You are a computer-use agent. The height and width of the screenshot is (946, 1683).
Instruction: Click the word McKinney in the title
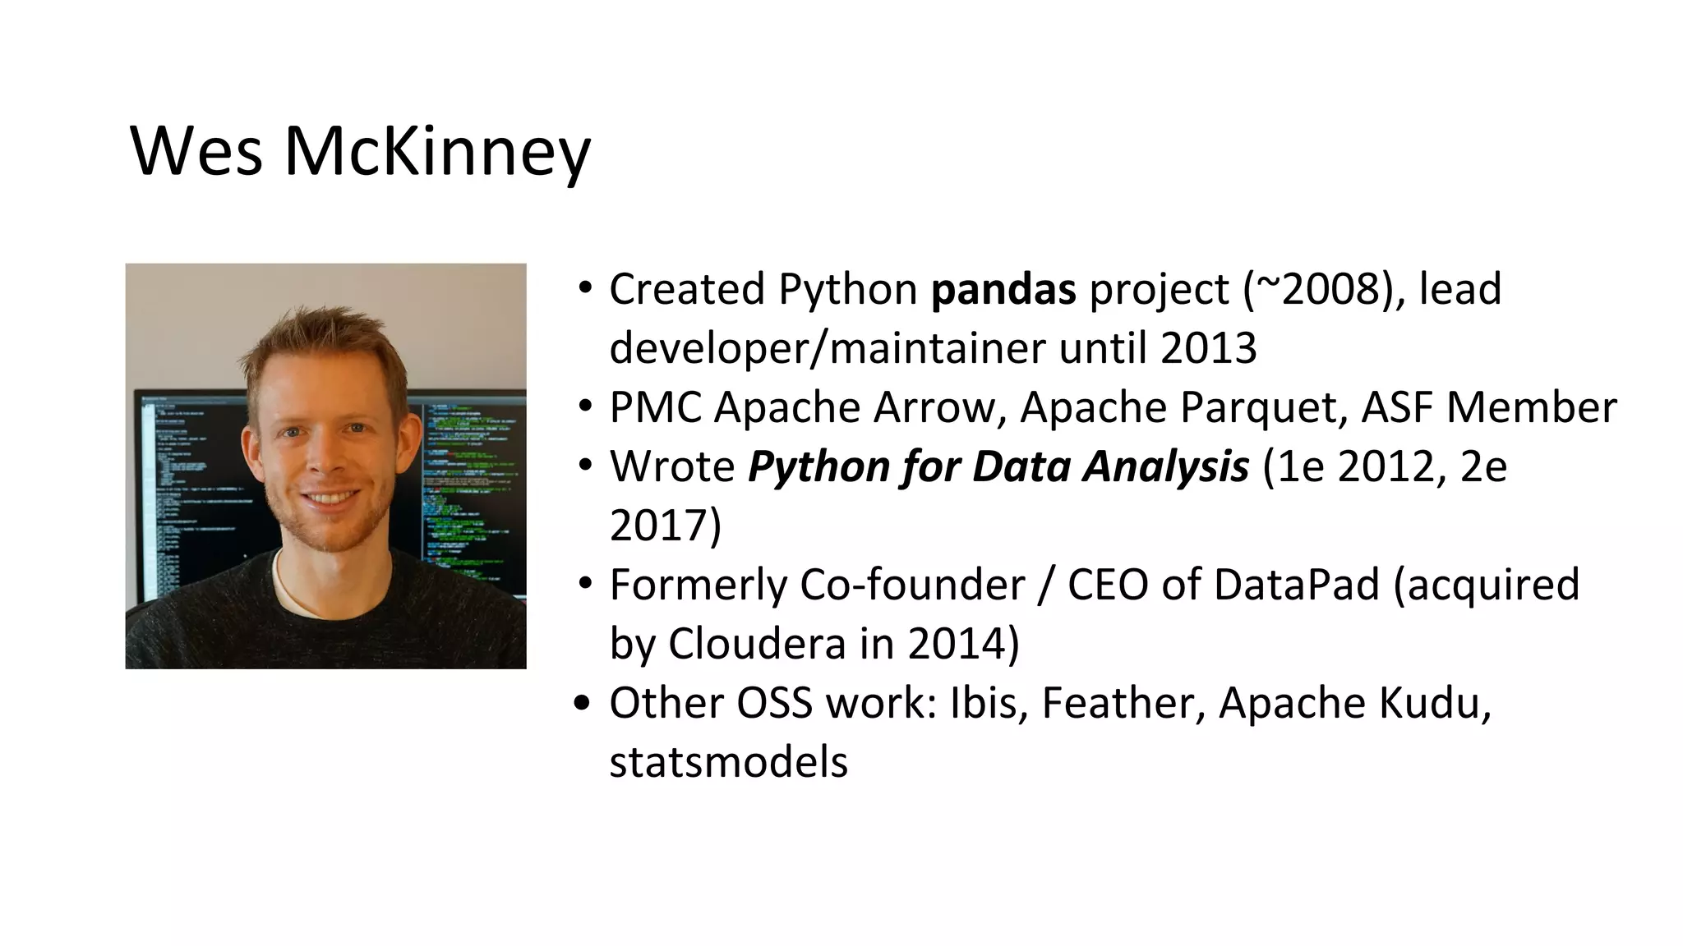[x=437, y=152]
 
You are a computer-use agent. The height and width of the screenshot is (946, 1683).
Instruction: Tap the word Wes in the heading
[x=196, y=152]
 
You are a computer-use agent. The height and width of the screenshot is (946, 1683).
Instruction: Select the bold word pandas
[x=1003, y=290]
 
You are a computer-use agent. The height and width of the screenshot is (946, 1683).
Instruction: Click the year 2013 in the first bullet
[x=1208, y=348]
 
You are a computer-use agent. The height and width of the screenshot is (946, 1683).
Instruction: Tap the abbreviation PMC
[x=655, y=408]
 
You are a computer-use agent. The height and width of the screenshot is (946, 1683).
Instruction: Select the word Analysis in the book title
[x=1165, y=466]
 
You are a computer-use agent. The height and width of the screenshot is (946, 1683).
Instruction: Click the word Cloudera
[x=757, y=644]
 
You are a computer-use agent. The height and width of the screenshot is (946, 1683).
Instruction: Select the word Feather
[x=1123, y=704]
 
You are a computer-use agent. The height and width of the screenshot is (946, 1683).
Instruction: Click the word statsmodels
[x=728, y=762]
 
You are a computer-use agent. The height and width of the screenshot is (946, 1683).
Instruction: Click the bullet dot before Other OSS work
[x=583, y=704]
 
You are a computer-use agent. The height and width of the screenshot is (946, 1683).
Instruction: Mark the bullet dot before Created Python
[x=585, y=289]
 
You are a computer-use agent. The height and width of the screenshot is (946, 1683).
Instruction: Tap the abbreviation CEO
[x=1108, y=585]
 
